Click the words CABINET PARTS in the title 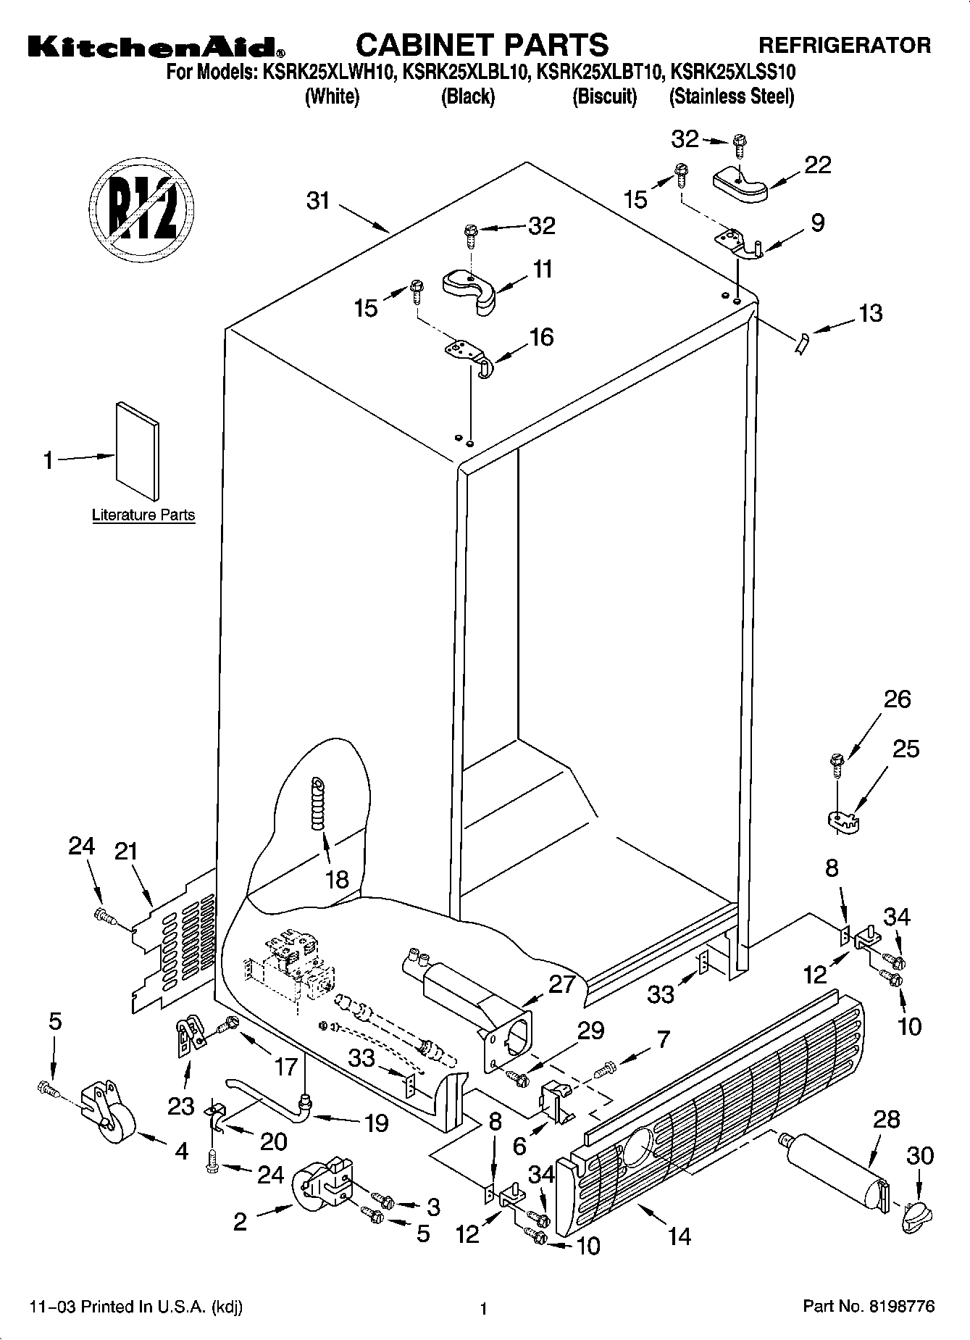[482, 45]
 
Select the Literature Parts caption [143, 515]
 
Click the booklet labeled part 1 [137, 451]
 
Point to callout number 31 [318, 201]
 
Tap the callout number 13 [870, 313]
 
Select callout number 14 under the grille [679, 1236]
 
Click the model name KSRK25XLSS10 [733, 72]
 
